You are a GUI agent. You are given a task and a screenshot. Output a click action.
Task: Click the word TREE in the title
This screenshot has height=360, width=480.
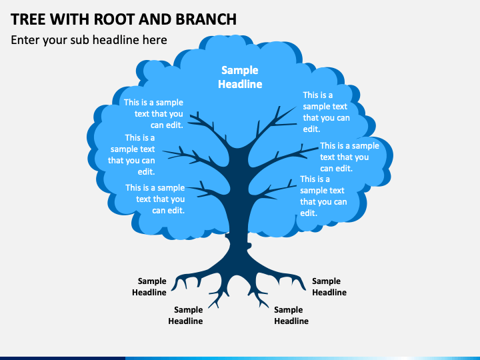pos(27,19)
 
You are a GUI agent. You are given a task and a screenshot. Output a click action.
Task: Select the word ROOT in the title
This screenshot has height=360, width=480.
pos(113,19)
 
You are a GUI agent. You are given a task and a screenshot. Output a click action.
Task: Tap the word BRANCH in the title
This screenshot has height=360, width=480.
pos(206,19)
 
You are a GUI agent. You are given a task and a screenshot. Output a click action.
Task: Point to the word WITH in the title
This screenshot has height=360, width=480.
pos(69,19)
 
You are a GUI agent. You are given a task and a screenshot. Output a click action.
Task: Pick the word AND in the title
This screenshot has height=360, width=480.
pos(155,19)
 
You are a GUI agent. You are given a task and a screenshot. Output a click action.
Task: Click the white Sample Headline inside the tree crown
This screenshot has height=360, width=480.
pos(240,77)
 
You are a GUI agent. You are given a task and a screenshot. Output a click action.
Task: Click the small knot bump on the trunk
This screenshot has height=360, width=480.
pos(249,245)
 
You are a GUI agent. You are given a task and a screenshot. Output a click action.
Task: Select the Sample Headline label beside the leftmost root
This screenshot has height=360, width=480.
pos(149,287)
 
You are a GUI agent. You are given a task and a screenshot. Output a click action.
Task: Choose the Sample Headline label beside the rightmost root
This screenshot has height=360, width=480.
pos(329,287)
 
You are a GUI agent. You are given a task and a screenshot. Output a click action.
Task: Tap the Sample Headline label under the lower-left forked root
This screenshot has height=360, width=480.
pos(185,315)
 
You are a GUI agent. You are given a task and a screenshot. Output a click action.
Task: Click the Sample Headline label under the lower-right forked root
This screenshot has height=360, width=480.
pos(291,315)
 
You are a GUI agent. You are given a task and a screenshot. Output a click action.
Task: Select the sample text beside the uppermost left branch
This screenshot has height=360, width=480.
pos(153,113)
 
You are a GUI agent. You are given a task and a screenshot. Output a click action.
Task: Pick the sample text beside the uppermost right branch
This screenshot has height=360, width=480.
pos(326,112)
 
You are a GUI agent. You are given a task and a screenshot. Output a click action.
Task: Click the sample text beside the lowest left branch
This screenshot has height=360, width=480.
pos(155,199)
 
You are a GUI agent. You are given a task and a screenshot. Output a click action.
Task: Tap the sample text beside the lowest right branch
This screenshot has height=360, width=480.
pos(323,196)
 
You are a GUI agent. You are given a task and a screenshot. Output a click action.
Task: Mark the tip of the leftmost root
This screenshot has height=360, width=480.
pos(172,290)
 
